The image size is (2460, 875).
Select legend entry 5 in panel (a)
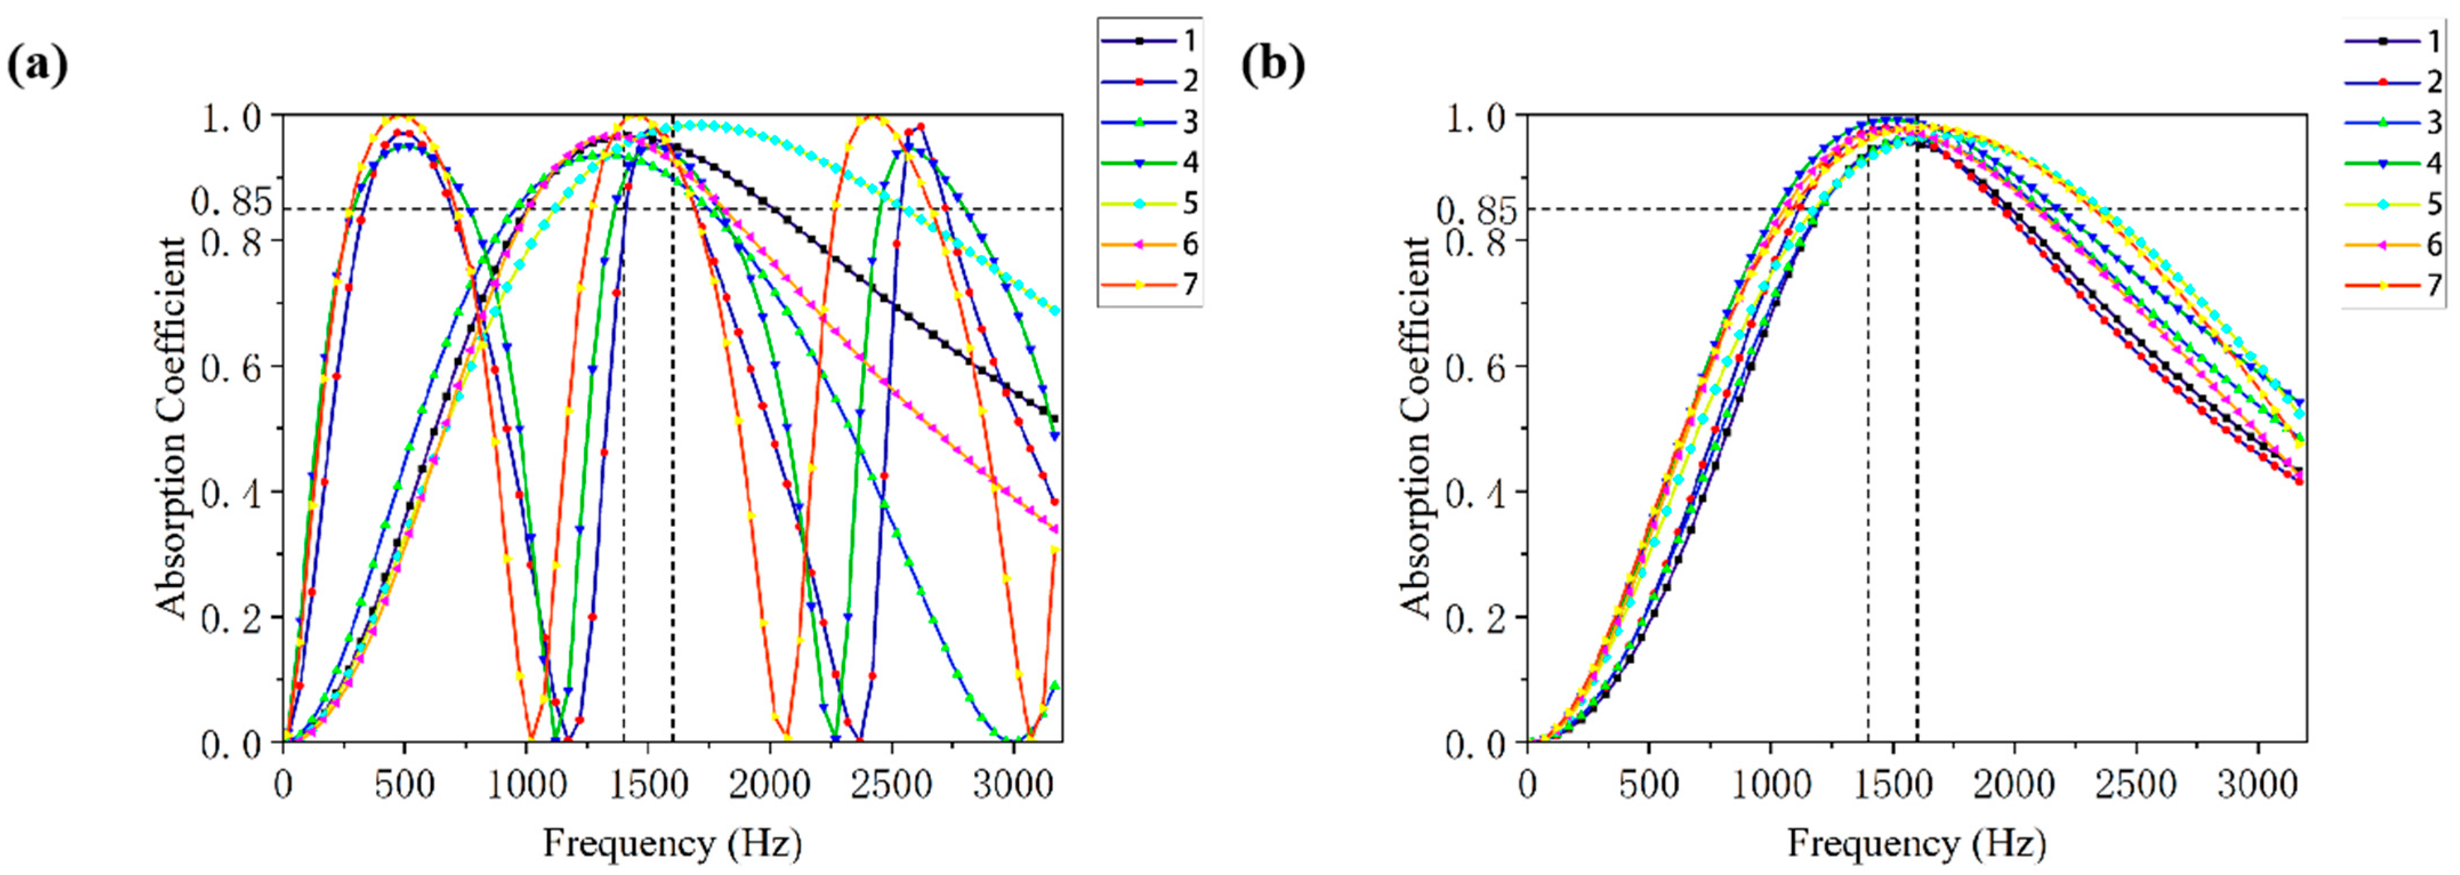(1150, 203)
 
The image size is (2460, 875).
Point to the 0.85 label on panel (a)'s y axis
(232, 203)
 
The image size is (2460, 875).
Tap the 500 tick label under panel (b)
(1650, 785)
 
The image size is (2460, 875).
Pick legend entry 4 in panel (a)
(1150, 163)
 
